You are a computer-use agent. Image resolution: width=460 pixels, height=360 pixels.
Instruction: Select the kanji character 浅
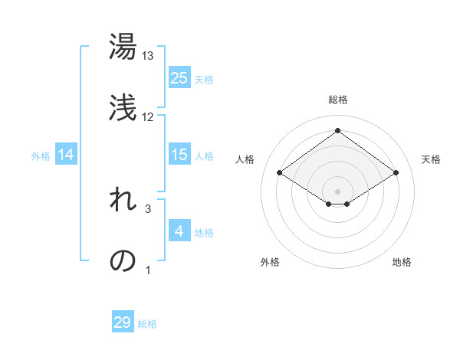click(x=123, y=108)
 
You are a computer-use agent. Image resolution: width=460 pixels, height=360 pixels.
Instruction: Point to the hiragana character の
click(x=123, y=260)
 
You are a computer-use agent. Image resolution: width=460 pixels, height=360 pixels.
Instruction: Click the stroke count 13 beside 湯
click(x=148, y=56)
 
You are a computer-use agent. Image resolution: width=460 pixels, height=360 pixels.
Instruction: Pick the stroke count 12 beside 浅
click(x=148, y=117)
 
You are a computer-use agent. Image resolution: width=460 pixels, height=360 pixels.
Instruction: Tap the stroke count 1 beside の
click(x=148, y=270)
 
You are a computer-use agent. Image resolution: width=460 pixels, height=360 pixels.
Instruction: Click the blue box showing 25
click(x=179, y=78)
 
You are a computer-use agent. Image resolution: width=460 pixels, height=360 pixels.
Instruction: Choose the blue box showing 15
click(x=179, y=155)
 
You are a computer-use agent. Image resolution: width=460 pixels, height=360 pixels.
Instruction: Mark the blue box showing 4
click(x=179, y=231)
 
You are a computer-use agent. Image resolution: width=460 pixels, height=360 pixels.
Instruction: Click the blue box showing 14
click(x=66, y=155)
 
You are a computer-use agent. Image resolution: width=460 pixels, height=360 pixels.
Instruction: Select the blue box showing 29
click(x=123, y=322)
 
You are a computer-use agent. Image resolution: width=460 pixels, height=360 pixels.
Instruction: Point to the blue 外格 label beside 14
click(x=41, y=156)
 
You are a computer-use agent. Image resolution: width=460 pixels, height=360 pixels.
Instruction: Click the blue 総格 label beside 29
click(x=147, y=324)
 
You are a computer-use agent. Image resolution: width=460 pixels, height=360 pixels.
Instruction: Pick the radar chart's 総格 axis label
click(x=337, y=100)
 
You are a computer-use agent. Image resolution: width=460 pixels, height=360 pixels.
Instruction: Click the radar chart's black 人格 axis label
click(x=245, y=159)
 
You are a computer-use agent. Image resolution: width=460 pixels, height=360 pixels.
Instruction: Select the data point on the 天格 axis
click(x=396, y=173)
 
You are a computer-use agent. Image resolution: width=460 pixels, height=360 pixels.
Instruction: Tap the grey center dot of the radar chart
click(x=337, y=191)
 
